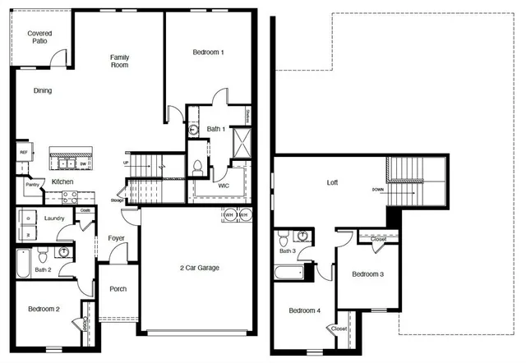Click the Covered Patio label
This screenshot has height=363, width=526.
point(39,37)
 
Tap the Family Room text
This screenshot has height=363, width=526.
point(120,61)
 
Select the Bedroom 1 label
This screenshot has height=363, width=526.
point(209,53)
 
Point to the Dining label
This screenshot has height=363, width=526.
point(44,91)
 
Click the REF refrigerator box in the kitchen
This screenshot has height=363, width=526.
point(23,153)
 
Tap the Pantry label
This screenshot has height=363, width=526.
point(32,185)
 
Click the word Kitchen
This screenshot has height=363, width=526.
point(63,181)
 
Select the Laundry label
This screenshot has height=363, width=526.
point(54,218)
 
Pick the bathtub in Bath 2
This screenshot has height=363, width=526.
point(23,264)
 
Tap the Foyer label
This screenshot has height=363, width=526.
point(116,238)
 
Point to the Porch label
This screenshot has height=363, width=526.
point(118,289)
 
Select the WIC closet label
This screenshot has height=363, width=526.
point(224,186)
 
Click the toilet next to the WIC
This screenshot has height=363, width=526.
point(197,167)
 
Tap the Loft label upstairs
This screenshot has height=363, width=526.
point(332,182)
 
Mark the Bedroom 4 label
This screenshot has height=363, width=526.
point(304,310)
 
